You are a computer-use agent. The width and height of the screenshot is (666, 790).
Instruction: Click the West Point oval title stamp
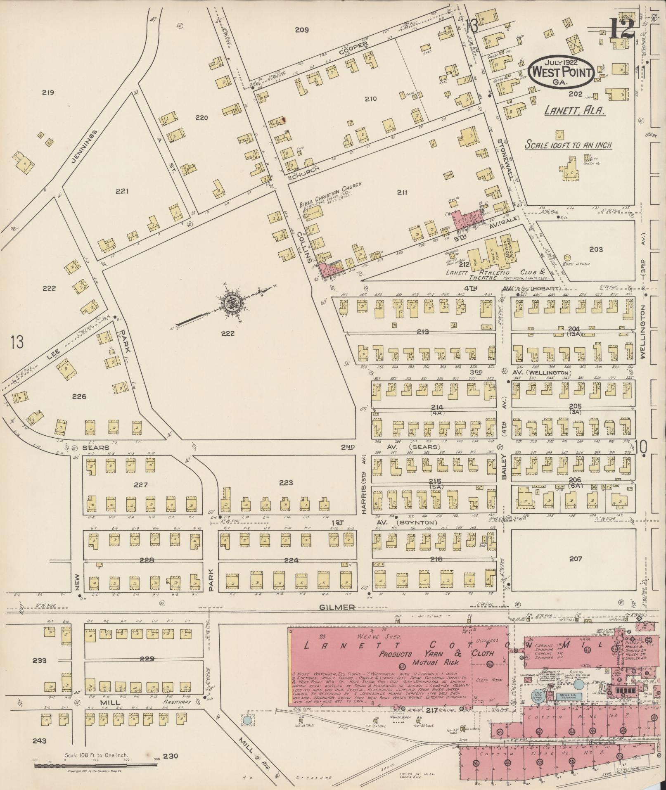(562, 71)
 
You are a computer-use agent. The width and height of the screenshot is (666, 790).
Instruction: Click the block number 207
(575, 559)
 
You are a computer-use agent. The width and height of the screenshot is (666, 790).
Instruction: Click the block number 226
(79, 396)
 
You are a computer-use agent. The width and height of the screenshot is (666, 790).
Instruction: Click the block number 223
(286, 482)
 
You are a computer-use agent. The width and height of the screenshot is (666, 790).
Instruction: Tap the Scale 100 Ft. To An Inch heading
(568, 145)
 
